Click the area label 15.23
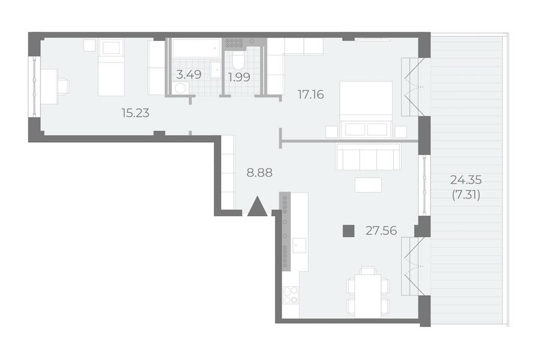(x=136, y=113)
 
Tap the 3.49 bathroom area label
(x=189, y=74)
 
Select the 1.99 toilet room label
(x=239, y=77)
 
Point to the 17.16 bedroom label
(x=311, y=94)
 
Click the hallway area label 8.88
(x=259, y=173)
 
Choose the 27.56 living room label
(x=381, y=230)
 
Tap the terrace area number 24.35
(x=466, y=180)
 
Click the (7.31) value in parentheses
(x=466, y=196)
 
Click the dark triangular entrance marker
(x=257, y=206)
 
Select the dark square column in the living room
(x=349, y=231)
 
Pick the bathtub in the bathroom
(x=196, y=48)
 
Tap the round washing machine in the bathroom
(x=181, y=88)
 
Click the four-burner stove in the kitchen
(x=290, y=295)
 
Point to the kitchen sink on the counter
(x=299, y=245)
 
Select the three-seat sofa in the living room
(x=368, y=157)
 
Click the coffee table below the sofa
(x=368, y=185)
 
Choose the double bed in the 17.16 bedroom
(x=366, y=110)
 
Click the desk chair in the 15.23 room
(x=64, y=86)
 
